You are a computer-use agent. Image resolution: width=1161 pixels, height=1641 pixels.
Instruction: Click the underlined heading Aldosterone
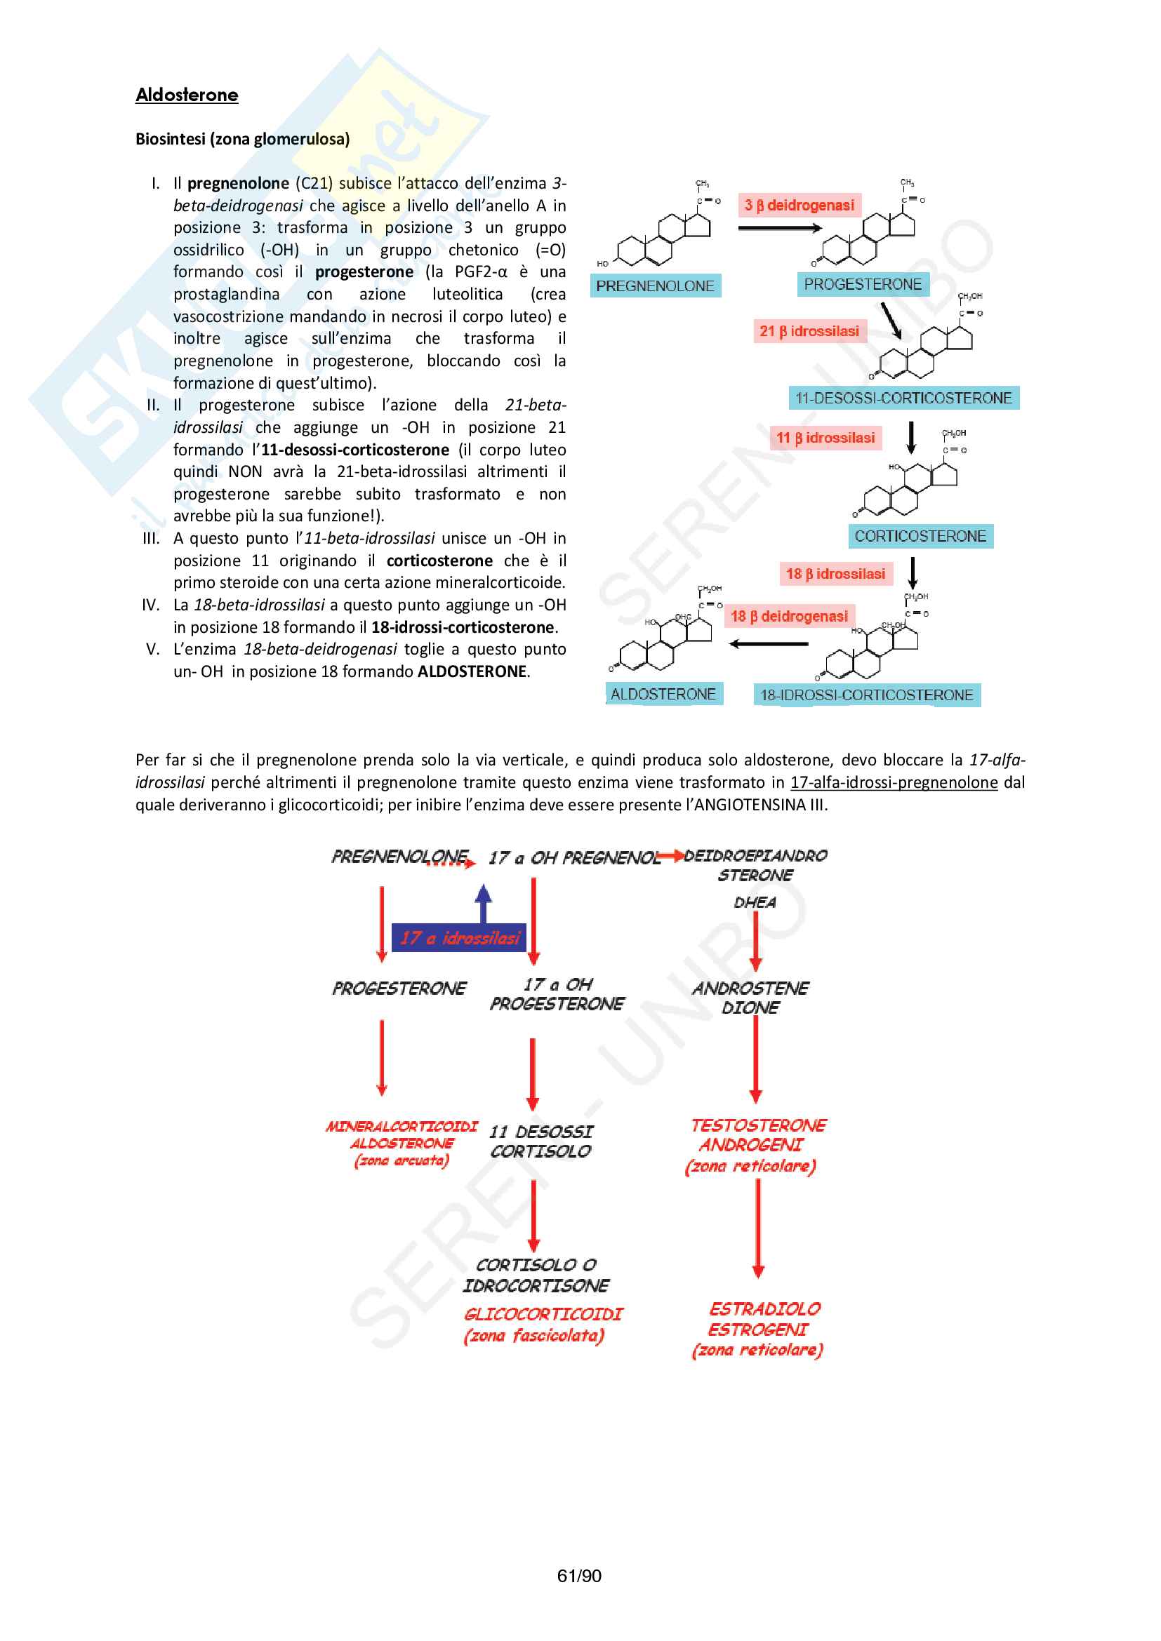pyautogui.click(x=187, y=95)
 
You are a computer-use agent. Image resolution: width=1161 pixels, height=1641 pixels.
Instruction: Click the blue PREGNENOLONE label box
pyautogui.click(x=655, y=286)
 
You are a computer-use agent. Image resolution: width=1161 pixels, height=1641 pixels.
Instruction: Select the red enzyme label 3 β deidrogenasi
pyautogui.click(x=799, y=206)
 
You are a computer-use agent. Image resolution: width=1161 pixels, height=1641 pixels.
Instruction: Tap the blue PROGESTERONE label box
pyautogui.click(x=862, y=284)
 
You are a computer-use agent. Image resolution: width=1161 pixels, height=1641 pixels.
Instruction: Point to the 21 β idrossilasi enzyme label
pyautogui.click(x=809, y=331)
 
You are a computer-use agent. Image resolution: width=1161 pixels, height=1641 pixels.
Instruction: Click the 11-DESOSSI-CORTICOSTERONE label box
pyautogui.click(x=903, y=398)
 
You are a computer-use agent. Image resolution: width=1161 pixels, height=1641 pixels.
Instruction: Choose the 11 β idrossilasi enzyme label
pyautogui.click(x=825, y=437)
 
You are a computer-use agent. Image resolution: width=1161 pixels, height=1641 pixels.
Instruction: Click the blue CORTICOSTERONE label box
pyautogui.click(x=920, y=536)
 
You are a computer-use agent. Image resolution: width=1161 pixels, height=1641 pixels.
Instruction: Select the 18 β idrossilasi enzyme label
pyautogui.click(x=835, y=574)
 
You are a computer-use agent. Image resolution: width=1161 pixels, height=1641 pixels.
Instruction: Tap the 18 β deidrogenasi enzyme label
pyautogui.click(x=788, y=616)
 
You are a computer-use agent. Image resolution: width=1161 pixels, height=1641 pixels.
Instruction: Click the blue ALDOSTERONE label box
pyautogui.click(x=663, y=694)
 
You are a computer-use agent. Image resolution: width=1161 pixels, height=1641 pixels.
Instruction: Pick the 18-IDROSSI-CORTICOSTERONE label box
pyautogui.click(x=866, y=695)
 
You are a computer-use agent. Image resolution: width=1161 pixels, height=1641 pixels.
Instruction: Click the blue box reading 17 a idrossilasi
pyautogui.click(x=459, y=938)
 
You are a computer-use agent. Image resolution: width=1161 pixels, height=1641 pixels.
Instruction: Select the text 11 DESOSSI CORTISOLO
pyautogui.click(x=541, y=1141)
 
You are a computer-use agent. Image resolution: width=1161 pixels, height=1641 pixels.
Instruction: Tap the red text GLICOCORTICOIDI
pyautogui.click(x=543, y=1313)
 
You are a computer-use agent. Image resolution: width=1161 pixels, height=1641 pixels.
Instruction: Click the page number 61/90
pyautogui.click(x=579, y=1576)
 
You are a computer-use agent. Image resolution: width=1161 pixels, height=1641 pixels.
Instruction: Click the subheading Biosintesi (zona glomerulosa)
pyautogui.click(x=242, y=140)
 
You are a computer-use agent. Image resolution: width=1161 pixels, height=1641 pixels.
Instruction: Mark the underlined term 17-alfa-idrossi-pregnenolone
pyautogui.click(x=894, y=783)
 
